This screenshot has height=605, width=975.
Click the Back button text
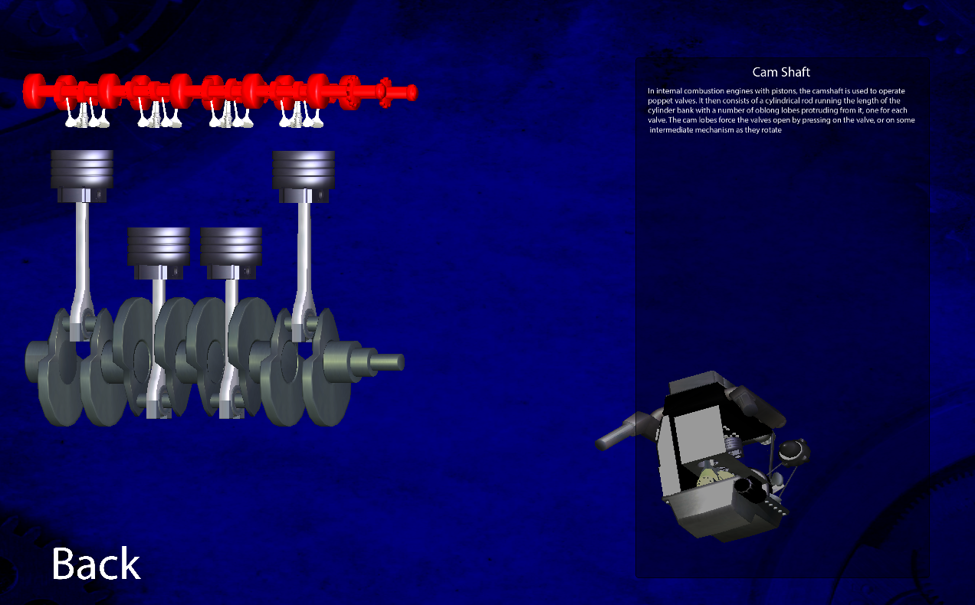point(96,564)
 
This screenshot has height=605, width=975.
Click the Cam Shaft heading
point(781,72)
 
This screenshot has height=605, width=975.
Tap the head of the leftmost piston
point(82,169)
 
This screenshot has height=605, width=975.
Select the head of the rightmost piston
point(304,169)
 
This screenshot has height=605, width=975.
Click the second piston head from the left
point(159,247)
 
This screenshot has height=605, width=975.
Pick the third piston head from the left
point(231,247)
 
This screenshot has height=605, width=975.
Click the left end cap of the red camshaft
point(34,91)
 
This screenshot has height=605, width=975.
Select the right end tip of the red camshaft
point(412,93)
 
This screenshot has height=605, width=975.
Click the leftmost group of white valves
point(87,113)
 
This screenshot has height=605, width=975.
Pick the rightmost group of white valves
point(301,113)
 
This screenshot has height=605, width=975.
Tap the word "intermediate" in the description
point(671,130)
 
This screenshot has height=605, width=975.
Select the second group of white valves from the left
point(159,113)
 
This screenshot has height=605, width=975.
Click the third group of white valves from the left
point(231,113)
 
